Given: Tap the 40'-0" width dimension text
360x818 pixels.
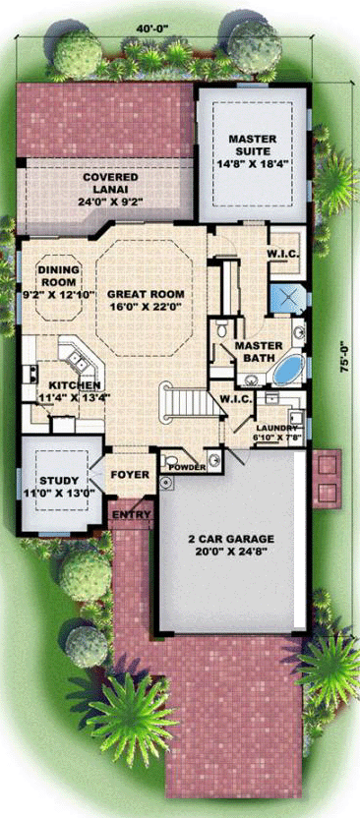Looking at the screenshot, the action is pyautogui.click(x=150, y=28).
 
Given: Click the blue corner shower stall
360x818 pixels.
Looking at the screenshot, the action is pyautogui.click(x=286, y=299).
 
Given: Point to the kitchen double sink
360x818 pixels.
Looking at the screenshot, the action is pyautogui.click(x=79, y=360).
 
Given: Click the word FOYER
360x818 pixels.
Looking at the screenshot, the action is pyautogui.click(x=131, y=475).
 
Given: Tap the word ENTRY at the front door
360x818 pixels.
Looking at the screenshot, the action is pyautogui.click(x=132, y=515).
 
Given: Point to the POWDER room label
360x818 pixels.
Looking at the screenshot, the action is pyautogui.click(x=188, y=467).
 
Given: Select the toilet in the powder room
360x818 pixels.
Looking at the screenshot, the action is pyautogui.click(x=166, y=461).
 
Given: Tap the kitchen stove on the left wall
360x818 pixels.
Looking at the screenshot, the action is pyautogui.click(x=30, y=374).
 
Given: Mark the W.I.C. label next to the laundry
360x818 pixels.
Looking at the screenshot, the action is pyautogui.click(x=236, y=399).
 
